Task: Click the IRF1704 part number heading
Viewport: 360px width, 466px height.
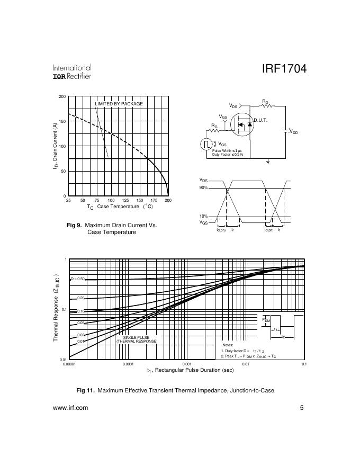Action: coord(284,70)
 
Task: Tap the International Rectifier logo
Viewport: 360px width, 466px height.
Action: coord(72,72)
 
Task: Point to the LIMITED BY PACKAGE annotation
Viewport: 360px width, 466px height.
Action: coord(119,104)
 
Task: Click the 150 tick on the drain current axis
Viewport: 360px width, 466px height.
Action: coord(62,121)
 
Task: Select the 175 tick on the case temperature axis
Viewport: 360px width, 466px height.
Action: coord(154,201)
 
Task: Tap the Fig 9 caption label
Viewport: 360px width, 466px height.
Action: coord(74,225)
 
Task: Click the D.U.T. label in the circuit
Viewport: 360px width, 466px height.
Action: coord(260,120)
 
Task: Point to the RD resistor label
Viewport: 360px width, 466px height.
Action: coord(265,101)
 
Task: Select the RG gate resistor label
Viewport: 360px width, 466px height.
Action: coord(214,127)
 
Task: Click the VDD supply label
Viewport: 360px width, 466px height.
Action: coord(293,131)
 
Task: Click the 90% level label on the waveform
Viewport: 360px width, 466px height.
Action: coord(204,188)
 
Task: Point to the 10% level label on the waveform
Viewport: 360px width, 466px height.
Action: coord(204,217)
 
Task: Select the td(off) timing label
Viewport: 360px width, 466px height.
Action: coord(269,230)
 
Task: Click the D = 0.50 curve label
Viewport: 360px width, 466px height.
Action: coord(78,279)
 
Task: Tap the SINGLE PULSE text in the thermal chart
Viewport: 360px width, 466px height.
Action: coord(137,337)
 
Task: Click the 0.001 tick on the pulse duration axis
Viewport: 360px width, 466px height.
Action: coord(186,364)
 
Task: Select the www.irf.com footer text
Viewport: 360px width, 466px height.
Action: coord(71,408)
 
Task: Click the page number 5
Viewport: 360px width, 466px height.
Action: coord(302,408)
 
